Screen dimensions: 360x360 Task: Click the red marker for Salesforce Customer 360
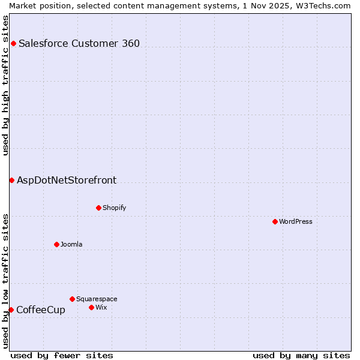[13, 43]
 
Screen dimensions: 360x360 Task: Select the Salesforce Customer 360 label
[79, 43]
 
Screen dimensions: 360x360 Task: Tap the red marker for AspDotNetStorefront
[11, 180]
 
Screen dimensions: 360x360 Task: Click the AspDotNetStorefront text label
[67, 180]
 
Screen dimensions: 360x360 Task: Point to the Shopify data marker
[98, 208]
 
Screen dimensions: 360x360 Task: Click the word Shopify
[114, 208]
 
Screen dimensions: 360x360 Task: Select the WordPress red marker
[275, 221]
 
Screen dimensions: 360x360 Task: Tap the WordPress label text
[295, 221]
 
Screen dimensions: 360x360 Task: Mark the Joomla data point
[56, 244]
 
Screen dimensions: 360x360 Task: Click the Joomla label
[71, 244]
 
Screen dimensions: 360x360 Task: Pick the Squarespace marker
[72, 299]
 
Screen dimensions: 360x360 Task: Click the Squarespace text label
[97, 299]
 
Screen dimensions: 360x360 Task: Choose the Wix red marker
[91, 307]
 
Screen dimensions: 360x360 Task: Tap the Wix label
[101, 307]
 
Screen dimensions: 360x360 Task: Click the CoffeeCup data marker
[11, 310]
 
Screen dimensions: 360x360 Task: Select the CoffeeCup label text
[41, 310]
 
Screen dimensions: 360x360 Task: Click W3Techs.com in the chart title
[326, 5]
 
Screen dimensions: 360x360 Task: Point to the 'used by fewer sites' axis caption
[62, 355]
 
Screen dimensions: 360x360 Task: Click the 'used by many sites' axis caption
[301, 355]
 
